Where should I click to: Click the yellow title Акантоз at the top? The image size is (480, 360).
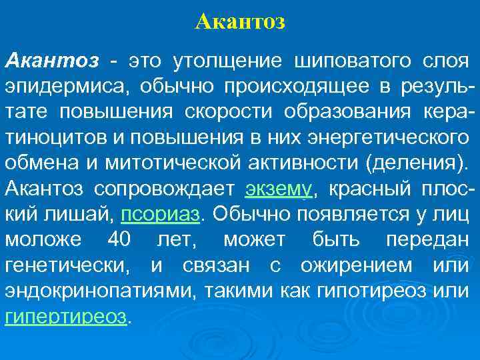tap(241, 22)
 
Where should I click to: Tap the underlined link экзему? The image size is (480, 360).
tap(279, 189)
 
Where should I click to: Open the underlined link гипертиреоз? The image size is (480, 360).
tap(65, 317)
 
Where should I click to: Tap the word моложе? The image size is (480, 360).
tap(43, 241)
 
